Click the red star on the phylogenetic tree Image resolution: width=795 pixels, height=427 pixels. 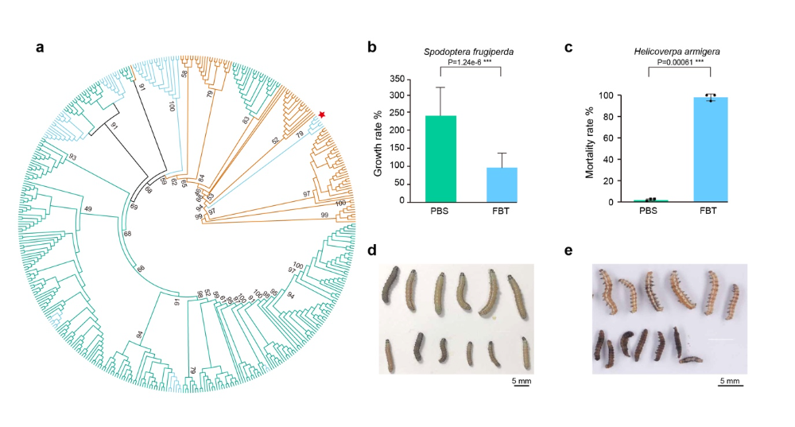click(x=321, y=115)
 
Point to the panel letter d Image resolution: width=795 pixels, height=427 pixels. click(x=371, y=250)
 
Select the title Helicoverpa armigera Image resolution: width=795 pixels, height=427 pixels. click(x=680, y=52)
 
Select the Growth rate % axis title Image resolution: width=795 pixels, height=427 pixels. click(x=379, y=142)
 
